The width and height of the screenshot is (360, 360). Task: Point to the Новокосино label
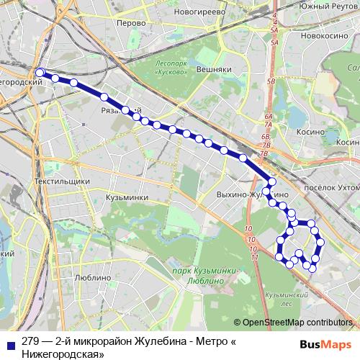point(321,35)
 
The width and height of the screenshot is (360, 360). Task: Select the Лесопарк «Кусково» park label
point(171,67)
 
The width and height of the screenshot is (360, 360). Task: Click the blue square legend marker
point(9,341)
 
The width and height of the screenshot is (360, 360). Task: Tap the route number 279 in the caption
point(30,341)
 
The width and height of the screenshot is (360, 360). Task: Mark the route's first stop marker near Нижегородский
point(40,72)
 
